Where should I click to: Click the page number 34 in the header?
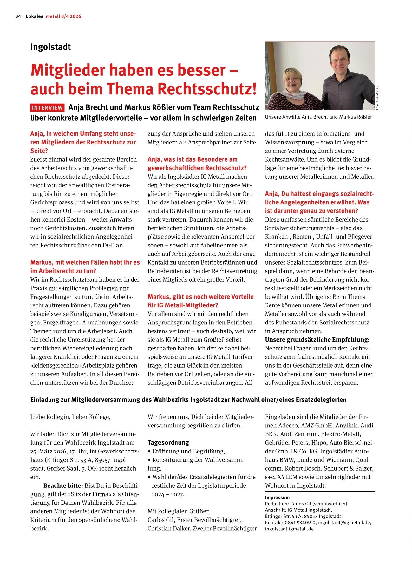point(18,16)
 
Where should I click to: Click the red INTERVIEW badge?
point(47,107)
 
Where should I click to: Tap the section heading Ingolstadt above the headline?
point(50,47)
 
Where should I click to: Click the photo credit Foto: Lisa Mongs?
point(377,98)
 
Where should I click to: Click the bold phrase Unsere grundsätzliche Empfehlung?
point(317,340)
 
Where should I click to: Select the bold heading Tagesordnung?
point(168,442)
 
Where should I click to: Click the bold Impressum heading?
point(277,498)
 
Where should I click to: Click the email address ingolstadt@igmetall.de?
point(344,523)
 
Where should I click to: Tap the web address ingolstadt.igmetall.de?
point(289,529)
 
